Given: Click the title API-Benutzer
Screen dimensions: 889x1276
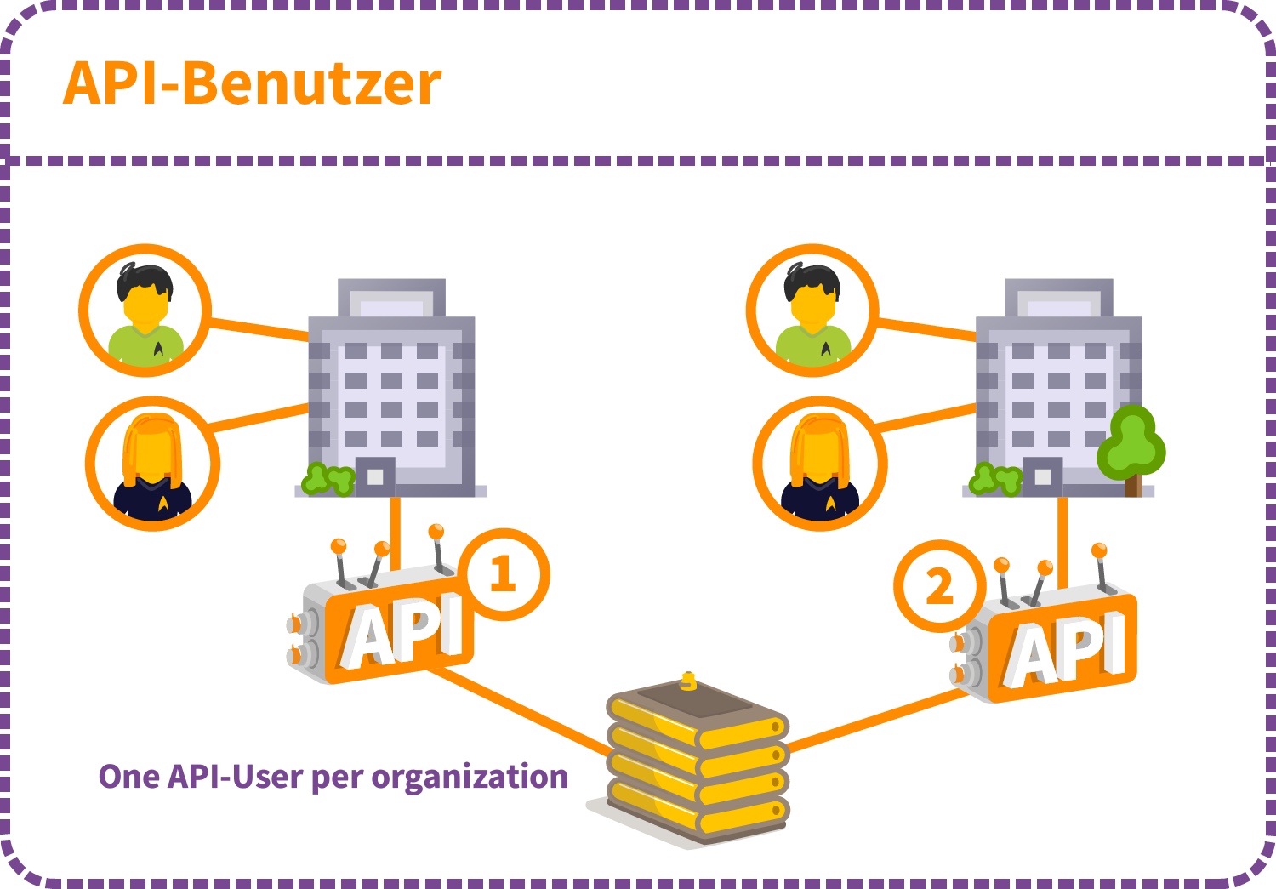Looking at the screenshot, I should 252,83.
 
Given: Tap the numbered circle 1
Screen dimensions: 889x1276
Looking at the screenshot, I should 504,574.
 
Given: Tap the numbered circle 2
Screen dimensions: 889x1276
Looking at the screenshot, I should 939,586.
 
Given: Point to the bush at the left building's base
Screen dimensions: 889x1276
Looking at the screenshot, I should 328,480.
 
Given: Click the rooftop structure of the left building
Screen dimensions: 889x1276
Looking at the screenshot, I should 391,298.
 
